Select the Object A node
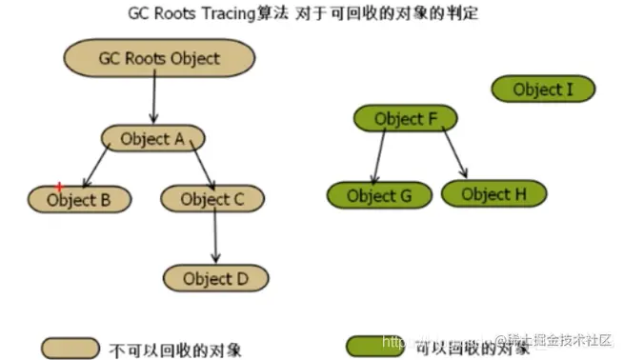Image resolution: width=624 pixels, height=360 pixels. pos(152,139)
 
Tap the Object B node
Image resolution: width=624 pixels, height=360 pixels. pos(77,200)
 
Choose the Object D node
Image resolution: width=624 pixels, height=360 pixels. pos(214,278)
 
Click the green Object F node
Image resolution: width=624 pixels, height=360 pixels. pos(405,119)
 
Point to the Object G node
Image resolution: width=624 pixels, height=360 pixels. pos(378,195)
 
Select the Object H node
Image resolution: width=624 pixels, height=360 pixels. pos(493,194)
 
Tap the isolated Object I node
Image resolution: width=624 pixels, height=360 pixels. pos(543,90)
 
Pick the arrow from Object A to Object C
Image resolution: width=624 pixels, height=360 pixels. pos(202,168)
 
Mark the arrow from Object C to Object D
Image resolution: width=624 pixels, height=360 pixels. pos(215,238)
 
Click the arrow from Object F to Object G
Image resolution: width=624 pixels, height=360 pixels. pos(379,156)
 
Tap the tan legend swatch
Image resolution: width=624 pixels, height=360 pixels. pos(70,347)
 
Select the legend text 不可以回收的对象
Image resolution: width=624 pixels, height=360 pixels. pos(176,348)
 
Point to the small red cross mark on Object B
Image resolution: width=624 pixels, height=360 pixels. pos(59,187)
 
